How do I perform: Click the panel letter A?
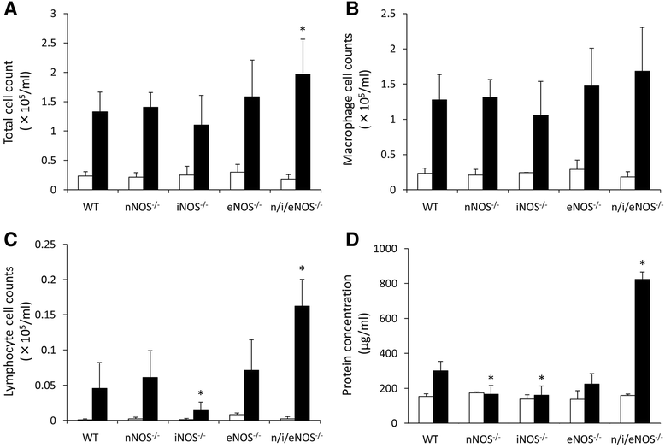[x=11, y=9]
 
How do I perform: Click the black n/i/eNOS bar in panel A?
[x=303, y=132]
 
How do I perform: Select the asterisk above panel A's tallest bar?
[x=303, y=29]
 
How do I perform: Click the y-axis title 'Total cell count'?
[x=9, y=103]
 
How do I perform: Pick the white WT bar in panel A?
[x=85, y=183]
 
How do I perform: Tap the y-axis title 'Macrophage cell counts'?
[x=349, y=100]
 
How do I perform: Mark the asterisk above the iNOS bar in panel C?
[x=201, y=392]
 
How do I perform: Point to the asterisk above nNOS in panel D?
[x=491, y=379]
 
